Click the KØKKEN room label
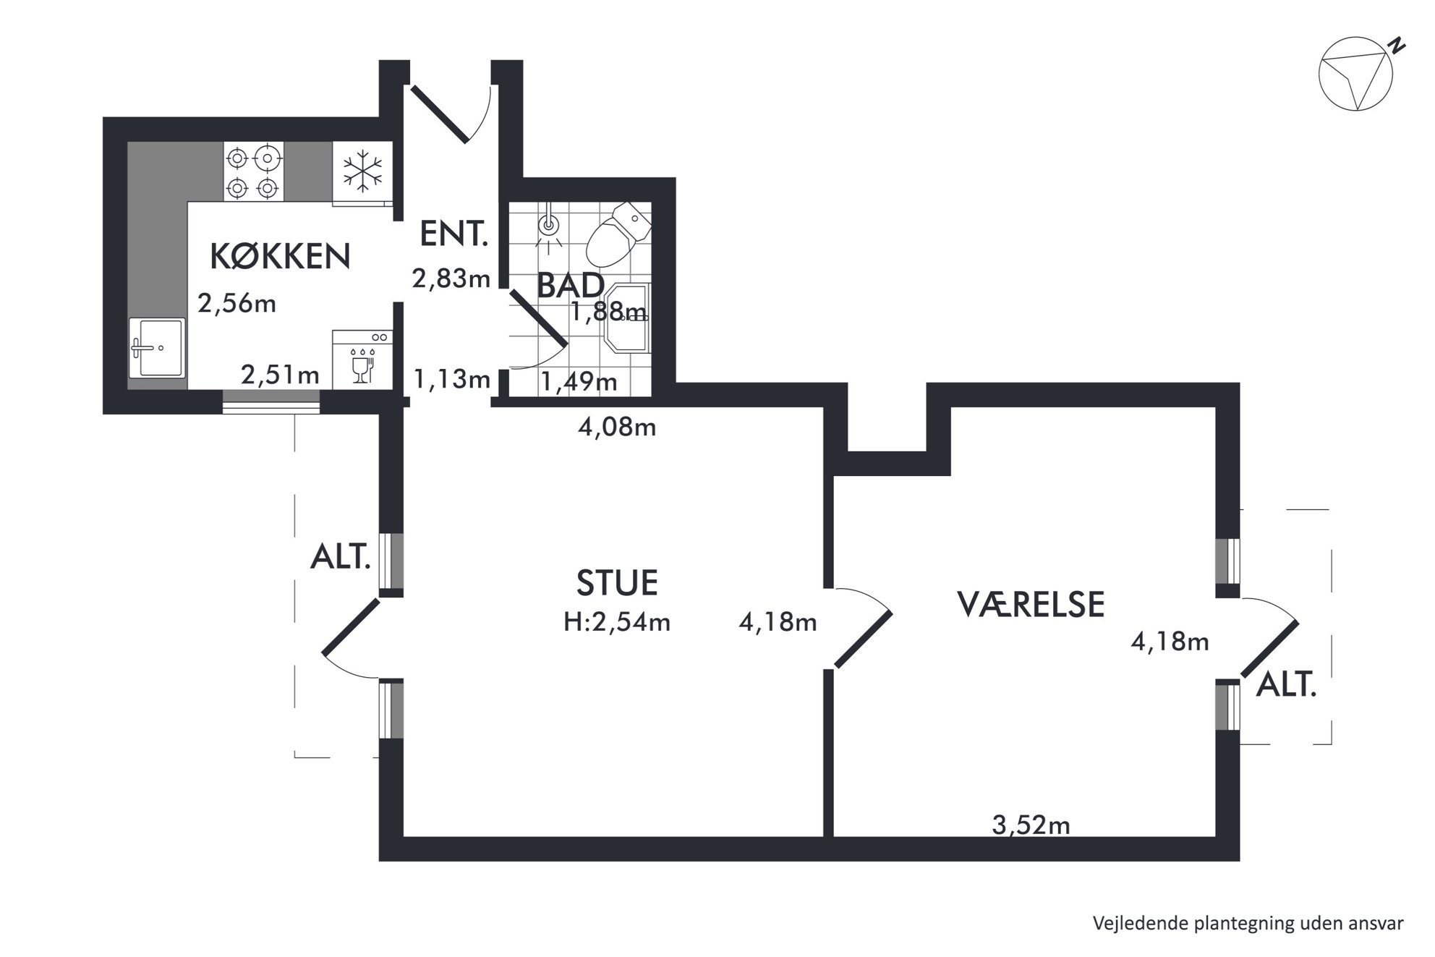coord(280,256)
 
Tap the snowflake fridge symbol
coord(362,172)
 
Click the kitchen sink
coord(157,347)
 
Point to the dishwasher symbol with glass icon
coord(362,360)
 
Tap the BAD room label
coord(571,286)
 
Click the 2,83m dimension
coord(451,278)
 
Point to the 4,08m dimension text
coord(617,428)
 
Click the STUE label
coord(618,583)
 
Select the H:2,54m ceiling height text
coord(617,622)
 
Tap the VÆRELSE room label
coord(1031,604)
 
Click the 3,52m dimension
coord(1031,825)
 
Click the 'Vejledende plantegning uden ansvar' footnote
coord(1248,924)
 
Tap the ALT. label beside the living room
coord(341,557)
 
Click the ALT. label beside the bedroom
coord(1287,684)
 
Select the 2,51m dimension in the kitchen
coord(280,375)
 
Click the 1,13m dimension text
coord(451,378)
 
